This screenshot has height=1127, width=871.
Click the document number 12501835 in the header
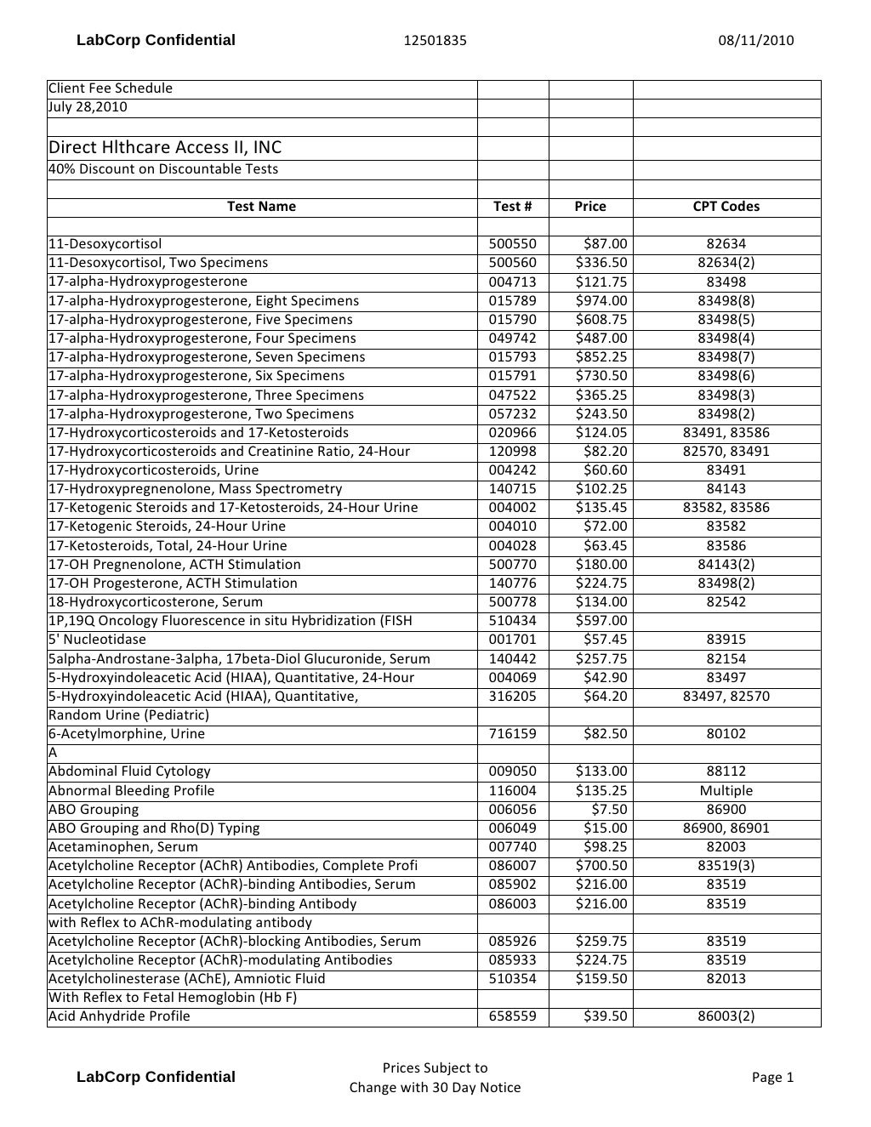435,40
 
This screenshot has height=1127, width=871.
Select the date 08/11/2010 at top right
755,40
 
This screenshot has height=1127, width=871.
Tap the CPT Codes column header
726,206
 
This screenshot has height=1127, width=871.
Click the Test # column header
512,206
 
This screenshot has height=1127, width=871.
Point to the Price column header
589,206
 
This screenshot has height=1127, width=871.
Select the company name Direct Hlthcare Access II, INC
165,147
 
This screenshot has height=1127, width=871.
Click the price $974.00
601,300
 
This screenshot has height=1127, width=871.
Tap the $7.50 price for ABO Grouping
610,809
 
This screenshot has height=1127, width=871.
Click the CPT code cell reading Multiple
726,790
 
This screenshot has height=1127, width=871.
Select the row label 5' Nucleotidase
97,639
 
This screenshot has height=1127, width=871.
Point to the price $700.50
601,865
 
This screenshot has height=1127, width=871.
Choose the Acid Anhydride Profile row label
119,1016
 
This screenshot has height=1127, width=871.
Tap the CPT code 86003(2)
726,1016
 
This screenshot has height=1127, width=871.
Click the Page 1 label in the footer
772,1077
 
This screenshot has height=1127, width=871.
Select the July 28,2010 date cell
88,106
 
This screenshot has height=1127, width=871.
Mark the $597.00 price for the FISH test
601,620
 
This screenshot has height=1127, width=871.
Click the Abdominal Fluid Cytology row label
129,771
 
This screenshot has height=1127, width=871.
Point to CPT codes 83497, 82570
726,696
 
